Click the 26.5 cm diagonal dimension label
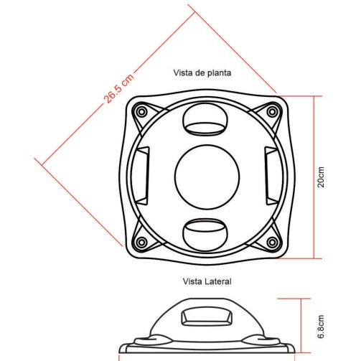tap(119, 88)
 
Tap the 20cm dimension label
tap(321, 177)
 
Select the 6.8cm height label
tap(321, 327)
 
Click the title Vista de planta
tap(202, 72)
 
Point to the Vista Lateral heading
tap(207, 281)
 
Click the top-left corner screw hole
tap(141, 112)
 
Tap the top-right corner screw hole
tap(272, 112)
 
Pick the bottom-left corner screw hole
tap(141, 242)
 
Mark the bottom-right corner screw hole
tap(272, 242)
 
